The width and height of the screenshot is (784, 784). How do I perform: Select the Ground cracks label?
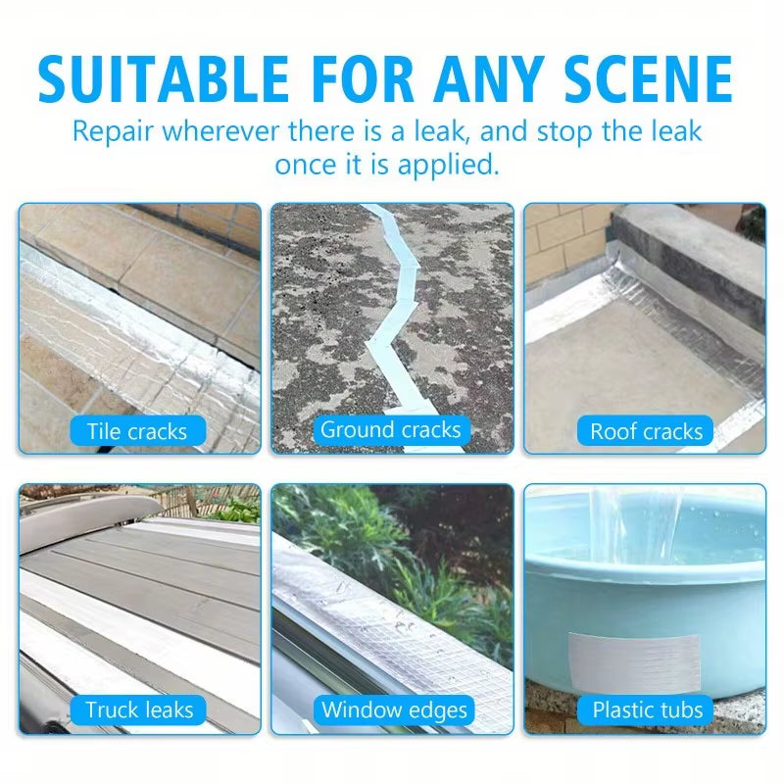[x=390, y=429]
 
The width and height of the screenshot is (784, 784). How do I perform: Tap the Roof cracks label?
[x=646, y=431]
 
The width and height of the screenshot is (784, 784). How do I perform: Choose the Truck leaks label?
[x=139, y=710]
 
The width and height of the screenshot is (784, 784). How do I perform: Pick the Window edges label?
[x=395, y=710]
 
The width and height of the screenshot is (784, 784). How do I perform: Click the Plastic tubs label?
[x=648, y=710]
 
